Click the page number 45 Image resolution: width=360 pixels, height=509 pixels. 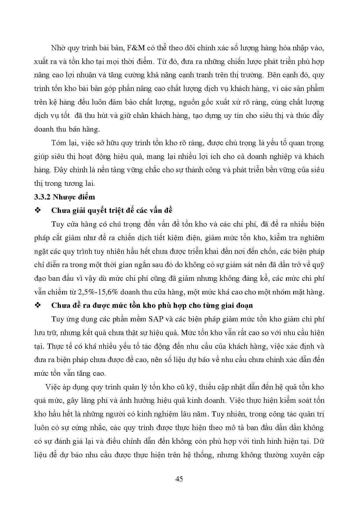coord(179,479)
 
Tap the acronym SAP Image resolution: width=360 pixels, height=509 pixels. coord(157,319)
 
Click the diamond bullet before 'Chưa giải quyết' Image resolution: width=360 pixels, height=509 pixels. coord(37,211)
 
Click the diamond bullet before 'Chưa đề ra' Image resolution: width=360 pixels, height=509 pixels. coord(37,305)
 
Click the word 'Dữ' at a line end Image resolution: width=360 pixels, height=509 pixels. coord(319,441)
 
